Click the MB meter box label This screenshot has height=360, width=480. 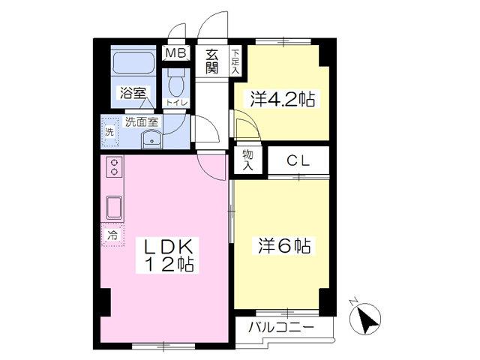coord(175,53)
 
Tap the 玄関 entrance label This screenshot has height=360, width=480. coord(211,61)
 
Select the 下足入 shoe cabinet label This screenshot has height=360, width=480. coord(235,61)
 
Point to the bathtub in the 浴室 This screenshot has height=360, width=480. coord(133,62)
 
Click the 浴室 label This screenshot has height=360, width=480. coord(133,93)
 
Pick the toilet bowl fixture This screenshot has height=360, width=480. coord(176,82)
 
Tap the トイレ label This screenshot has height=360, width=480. coord(176,102)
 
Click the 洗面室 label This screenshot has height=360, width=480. coord(142,121)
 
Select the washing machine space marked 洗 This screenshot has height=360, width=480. coord(109,132)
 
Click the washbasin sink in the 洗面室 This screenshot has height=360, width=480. coord(152,139)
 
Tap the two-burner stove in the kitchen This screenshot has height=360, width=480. coord(115,166)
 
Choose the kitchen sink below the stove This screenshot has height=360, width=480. coord(114,208)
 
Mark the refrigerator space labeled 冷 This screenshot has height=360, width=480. coord(112,235)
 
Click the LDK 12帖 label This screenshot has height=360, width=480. coord(168,255)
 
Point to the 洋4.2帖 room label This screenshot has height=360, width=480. coord(283,98)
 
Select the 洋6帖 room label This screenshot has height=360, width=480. coord(284,246)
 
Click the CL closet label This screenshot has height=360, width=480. coord(298,160)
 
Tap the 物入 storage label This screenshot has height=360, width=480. coord(247,160)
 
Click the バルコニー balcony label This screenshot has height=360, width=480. coord(281,328)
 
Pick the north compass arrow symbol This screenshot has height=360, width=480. coord(365,318)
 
